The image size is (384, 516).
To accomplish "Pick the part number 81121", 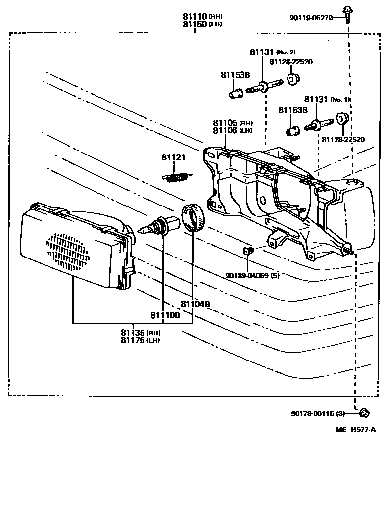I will tap(173, 157).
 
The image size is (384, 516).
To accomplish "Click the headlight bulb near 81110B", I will tap(157, 227).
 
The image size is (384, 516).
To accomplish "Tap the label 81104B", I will tap(192, 304).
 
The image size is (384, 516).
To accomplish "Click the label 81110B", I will tap(166, 315).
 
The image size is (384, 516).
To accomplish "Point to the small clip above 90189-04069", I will tap(249, 250).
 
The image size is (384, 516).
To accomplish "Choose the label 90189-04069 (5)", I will tap(252, 275).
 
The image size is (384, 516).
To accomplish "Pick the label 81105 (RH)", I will tap(233, 123).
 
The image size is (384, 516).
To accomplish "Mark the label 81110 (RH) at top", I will tap(202, 17).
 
